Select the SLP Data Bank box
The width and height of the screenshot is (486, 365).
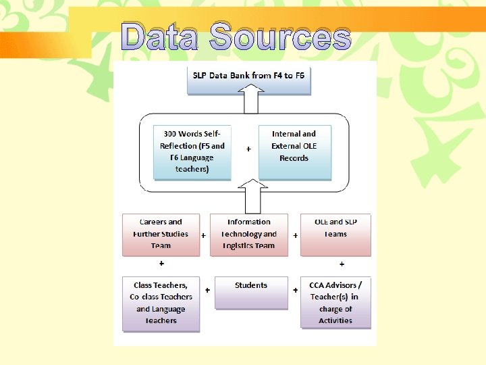[x=249, y=76]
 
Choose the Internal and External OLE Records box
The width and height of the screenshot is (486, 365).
[x=294, y=151]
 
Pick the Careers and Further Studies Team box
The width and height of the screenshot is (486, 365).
[x=161, y=235]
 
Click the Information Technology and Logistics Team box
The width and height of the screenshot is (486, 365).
[x=249, y=235]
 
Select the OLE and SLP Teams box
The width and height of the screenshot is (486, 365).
[x=335, y=235]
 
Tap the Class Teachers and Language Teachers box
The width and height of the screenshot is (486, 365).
[x=161, y=303]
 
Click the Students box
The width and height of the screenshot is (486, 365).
[x=250, y=292]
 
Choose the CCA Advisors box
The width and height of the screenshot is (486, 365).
[x=335, y=302]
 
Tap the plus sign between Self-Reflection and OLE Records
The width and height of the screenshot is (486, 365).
[x=248, y=149]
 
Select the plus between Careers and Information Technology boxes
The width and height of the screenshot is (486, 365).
[x=204, y=236]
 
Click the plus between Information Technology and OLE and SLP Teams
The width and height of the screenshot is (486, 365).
[x=295, y=236]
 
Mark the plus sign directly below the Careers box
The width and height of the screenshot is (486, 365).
[x=161, y=264]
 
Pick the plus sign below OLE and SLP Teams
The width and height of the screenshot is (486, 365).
[x=342, y=264]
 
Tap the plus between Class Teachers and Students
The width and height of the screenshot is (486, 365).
[x=207, y=289]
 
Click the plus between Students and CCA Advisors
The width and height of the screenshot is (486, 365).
[x=295, y=289]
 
